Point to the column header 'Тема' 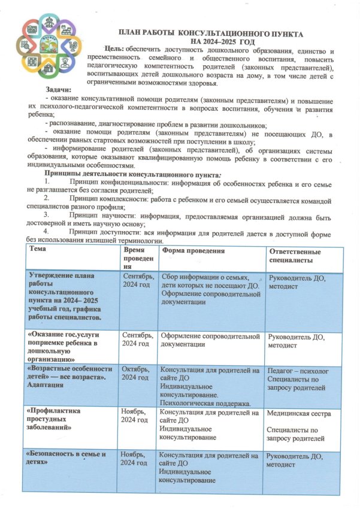(x=38, y=249)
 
